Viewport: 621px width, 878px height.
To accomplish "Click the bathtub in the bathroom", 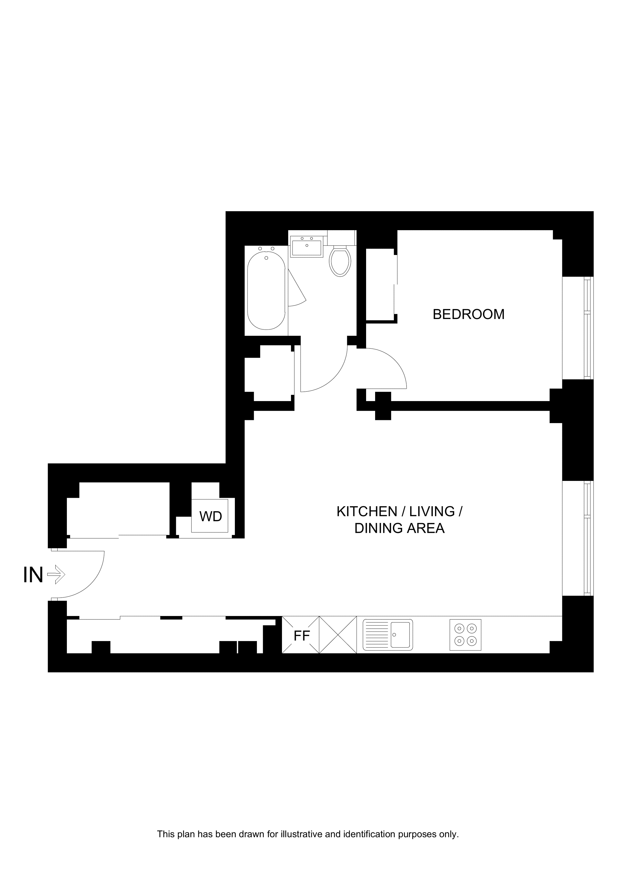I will point(266,291).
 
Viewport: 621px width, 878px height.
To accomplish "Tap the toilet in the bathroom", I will point(340,262).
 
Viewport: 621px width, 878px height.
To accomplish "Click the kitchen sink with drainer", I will point(388,635).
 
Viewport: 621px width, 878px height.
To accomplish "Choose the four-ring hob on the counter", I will point(465,635).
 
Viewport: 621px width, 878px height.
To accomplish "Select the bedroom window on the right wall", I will point(578,328).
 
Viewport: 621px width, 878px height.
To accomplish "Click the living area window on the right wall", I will point(578,538).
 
